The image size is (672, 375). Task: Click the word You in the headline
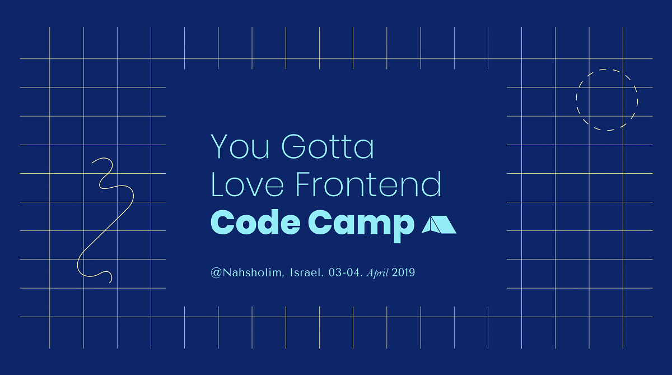(240, 146)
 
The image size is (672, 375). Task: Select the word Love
(247, 184)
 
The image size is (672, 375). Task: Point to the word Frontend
(368, 184)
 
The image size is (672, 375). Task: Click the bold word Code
(255, 222)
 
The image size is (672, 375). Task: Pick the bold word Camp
(361, 226)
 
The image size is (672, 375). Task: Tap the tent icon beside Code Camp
(439, 225)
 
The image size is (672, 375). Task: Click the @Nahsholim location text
(247, 272)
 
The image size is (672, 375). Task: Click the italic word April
(377, 273)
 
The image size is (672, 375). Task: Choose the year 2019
(403, 272)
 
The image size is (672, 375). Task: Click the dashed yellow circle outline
(607, 70)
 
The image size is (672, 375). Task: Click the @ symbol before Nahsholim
(216, 273)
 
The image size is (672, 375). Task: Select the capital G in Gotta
(294, 146)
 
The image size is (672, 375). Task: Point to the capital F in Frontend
(304, 184)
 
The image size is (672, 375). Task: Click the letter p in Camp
(404, 228)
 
